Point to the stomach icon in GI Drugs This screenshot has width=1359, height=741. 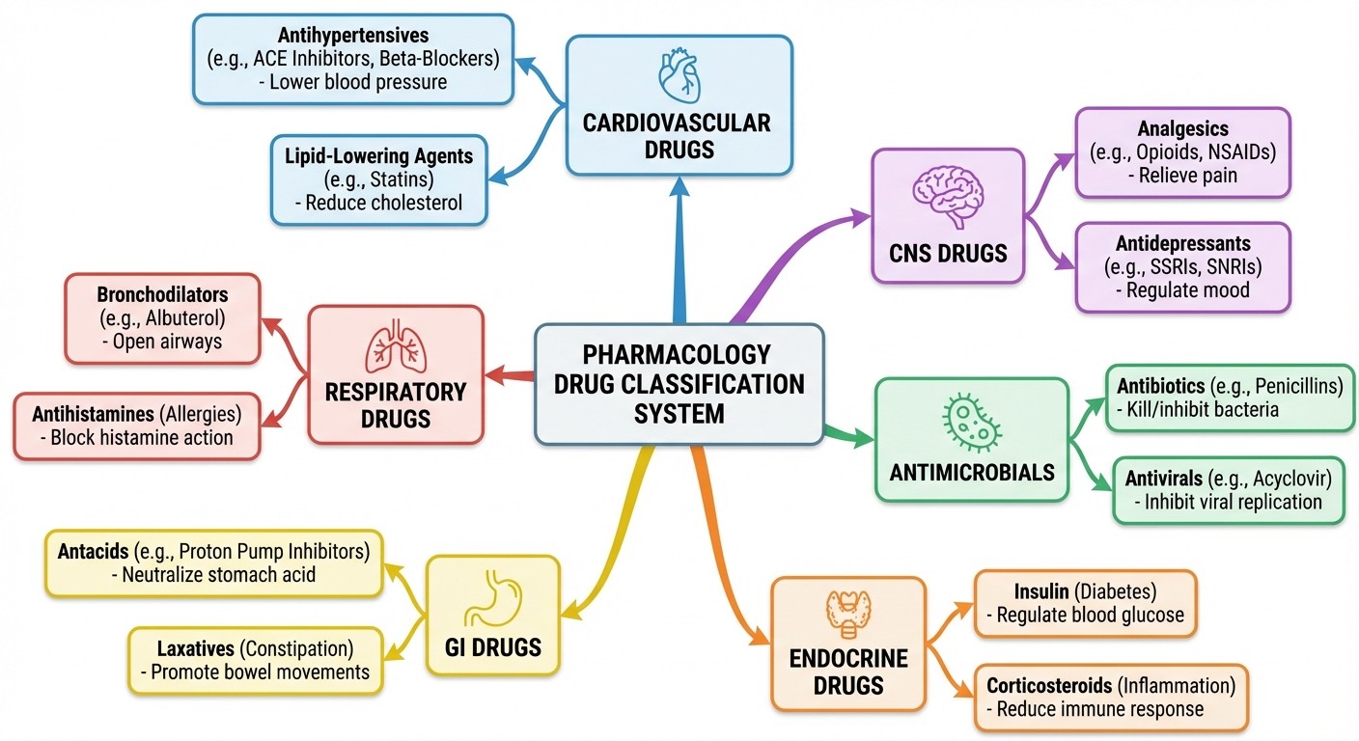[x=492, y=600]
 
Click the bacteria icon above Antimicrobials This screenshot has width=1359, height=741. [x=970, y=421]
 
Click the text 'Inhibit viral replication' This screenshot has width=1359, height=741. [x=1233, y=502]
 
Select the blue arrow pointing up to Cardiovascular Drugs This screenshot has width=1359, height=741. [x=679, y=251]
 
